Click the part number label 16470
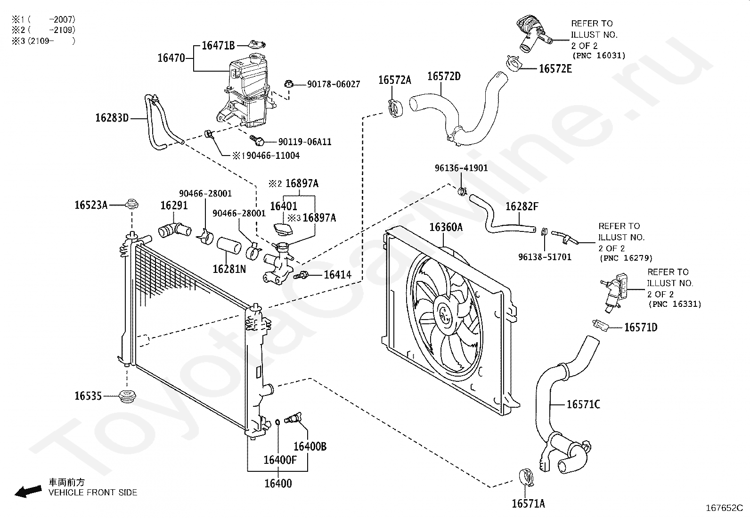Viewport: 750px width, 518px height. tap(171, 58)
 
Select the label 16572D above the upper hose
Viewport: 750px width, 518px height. tap(444, 76)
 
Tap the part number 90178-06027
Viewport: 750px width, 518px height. tap(334, 84)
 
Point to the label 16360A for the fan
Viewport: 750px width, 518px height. tap(446, 227)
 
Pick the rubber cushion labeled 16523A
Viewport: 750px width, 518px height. tap(131, 204)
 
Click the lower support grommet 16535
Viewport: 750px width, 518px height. tap(127, 396)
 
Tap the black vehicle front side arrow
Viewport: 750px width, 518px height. tap(28, 491)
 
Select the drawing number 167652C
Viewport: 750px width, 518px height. tap(724, 508)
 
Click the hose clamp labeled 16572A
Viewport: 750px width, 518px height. tap(395, 108)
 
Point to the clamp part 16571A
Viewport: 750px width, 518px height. tap(526, 477)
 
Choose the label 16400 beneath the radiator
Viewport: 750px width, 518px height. tap(278, 484)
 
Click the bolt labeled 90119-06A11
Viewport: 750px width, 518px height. tap(257, 141)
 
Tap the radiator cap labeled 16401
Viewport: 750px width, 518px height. tap(283, 229)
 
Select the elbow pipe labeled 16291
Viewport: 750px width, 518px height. tap(174, 230)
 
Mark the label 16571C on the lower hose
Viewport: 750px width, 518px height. tap(583, 404)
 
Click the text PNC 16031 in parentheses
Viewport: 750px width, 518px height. tap(599, 56)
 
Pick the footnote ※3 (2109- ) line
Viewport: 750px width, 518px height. tap(43, 41)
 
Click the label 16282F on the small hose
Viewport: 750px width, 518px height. tap(522, 206)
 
